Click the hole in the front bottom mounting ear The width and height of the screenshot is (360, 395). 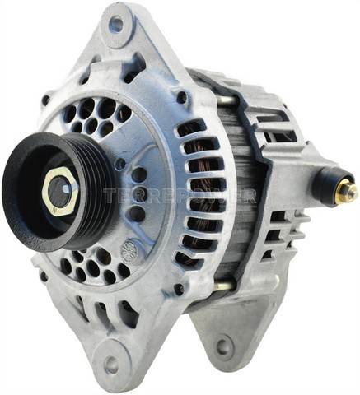click(109, 362)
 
